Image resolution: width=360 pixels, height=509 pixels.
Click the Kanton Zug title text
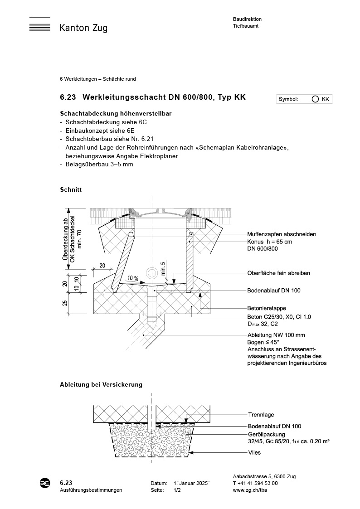[83, 29]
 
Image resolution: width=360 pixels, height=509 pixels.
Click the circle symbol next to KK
[315, 99]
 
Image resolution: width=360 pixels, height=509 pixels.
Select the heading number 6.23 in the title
[68, 97]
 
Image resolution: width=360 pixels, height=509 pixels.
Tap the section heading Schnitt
[70, 189]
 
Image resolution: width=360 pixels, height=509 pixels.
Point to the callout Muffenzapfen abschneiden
[281, 234]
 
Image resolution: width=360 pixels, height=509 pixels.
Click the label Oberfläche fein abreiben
[279, 273]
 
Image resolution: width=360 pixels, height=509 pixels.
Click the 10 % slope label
[133, 277]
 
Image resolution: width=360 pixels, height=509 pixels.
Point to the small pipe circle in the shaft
[151, 272]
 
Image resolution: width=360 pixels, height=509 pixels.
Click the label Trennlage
[261, 415]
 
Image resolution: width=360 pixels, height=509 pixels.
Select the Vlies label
[254, 452]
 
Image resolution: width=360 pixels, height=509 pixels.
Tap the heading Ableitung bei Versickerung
[101, 385]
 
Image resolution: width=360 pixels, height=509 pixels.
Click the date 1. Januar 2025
[191, 483]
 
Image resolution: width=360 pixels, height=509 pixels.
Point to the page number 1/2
[177, 490]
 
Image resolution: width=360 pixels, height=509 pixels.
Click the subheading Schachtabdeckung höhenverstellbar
[116, 113]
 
